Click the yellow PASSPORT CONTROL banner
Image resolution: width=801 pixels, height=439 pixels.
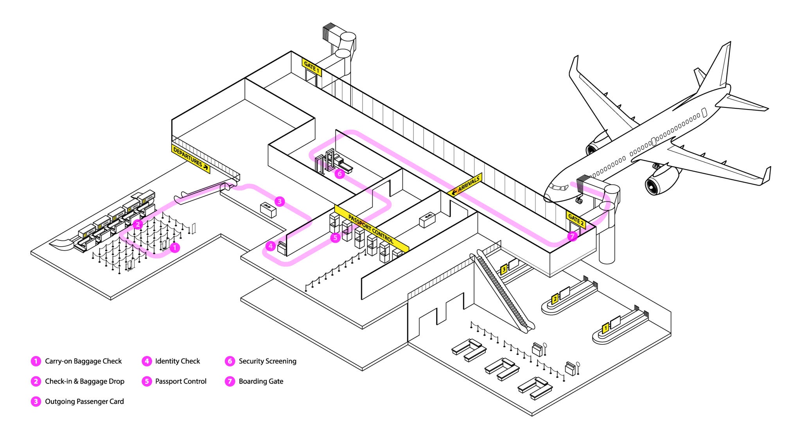pyautogui.click(x=371, y=229)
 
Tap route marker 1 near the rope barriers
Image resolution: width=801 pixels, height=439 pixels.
pyautogui.click(x=175, y=247)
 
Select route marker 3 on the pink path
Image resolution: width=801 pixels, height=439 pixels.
pyautogui.click(x=279, y=201)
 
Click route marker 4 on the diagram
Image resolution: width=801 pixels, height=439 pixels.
pyautogui.click(x=270, y=246)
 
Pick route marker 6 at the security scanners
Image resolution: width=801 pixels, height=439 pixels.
pyautogui.click(x=339, y=174)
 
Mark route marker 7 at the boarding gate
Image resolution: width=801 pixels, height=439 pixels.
pyautogui.click(x=572, y=236)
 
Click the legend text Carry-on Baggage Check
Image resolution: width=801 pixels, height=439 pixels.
pyautogui.click(x=83, y=361)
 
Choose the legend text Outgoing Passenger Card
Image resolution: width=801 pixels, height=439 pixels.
pyautogui.click(x=84, y=401)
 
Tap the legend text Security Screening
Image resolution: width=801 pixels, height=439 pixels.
pyautogui.click(x=268, y=361)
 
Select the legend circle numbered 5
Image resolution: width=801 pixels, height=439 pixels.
pyautogui.click(x=147, y=381)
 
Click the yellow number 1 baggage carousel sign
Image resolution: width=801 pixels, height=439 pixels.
pyautogui.click(x=605, y=328)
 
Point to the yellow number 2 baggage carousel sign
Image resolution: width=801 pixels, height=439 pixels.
pyautogui.click(x=555, y=299)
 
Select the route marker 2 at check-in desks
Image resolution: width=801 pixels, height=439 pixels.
pyautogui.click(x=137, y=224)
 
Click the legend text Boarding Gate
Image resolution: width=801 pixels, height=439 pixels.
pyautogui.click(x=261, y=381)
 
